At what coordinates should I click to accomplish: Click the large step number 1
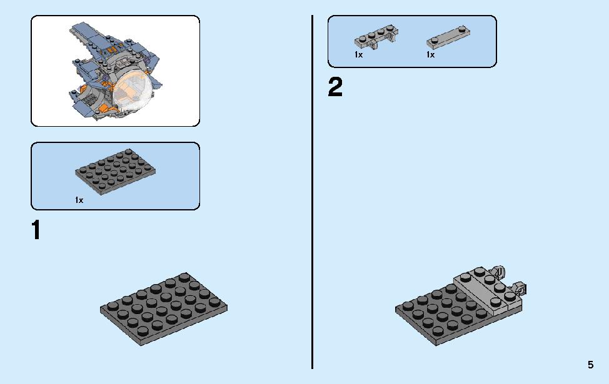(x=36, y=230)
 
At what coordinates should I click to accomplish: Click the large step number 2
(x=336, y=87)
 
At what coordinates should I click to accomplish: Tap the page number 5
(x=590, y=365)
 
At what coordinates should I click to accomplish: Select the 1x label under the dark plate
(x=79, y=200)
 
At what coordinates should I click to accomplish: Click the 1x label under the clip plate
(x=358, y=55)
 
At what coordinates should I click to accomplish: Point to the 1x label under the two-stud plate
(x=430, y=55)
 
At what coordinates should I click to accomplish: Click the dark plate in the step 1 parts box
(x=115, y=172)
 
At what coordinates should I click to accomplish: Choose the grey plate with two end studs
(x=448, y=37)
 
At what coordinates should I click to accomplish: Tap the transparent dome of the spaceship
(x=133, y=92)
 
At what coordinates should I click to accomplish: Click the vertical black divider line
(x=312, y=192)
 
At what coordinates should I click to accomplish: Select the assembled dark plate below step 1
(x=164, y=308)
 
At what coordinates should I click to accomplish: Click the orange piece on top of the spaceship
(x=113, y=51)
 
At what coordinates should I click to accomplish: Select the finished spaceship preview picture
(x=115, y=71)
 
